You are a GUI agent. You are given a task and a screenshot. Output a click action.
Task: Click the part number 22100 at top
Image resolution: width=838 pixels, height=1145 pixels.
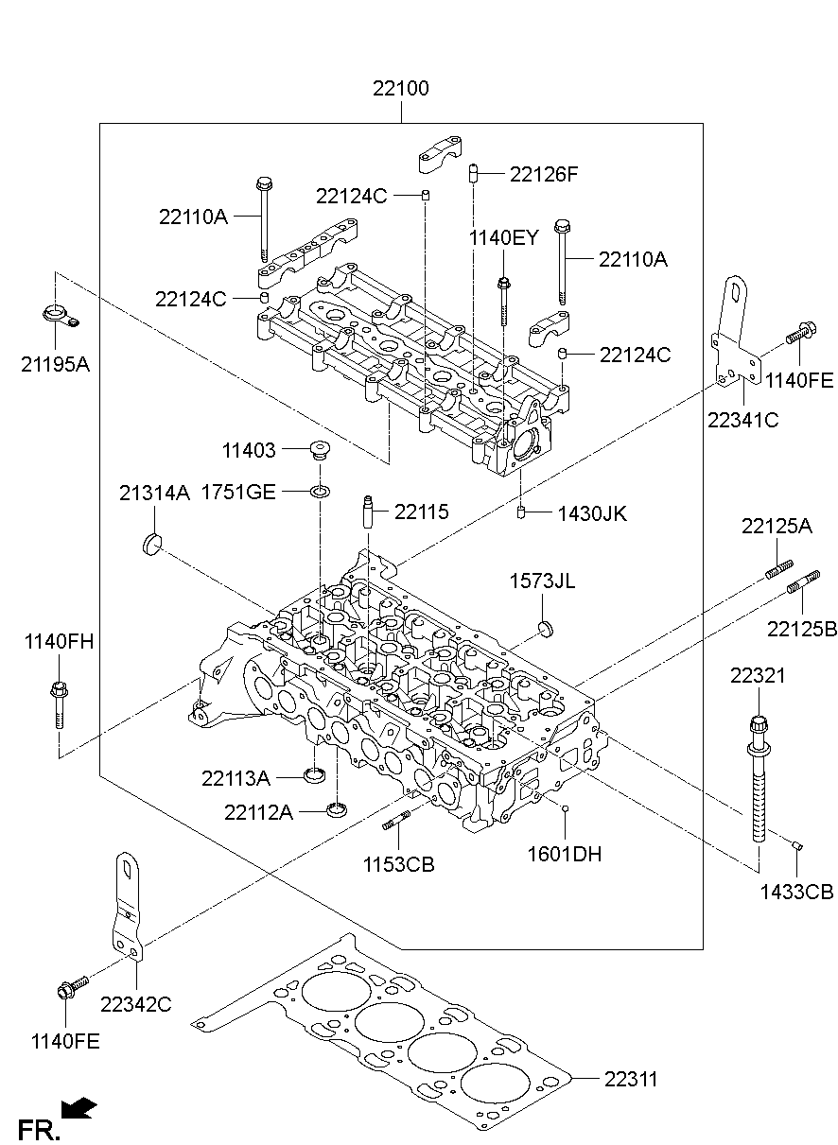pos(400,90)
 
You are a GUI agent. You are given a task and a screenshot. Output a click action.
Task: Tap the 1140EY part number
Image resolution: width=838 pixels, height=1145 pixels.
pos(503,238)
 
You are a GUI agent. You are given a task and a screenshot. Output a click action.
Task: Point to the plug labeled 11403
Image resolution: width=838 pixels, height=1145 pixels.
pos(321,450)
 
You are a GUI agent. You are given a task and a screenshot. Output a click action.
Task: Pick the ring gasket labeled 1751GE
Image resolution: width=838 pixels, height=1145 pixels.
pos(321,491)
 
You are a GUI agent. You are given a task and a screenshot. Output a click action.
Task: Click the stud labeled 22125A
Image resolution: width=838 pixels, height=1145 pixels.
pos(773,570)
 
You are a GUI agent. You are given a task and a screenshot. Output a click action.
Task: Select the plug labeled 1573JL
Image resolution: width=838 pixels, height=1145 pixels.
pos(545,629)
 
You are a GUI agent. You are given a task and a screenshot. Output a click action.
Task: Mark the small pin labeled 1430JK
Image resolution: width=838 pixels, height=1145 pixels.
pos(521,513)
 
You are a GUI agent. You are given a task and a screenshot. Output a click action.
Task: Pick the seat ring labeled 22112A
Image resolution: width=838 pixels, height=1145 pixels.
pos(336,809)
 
